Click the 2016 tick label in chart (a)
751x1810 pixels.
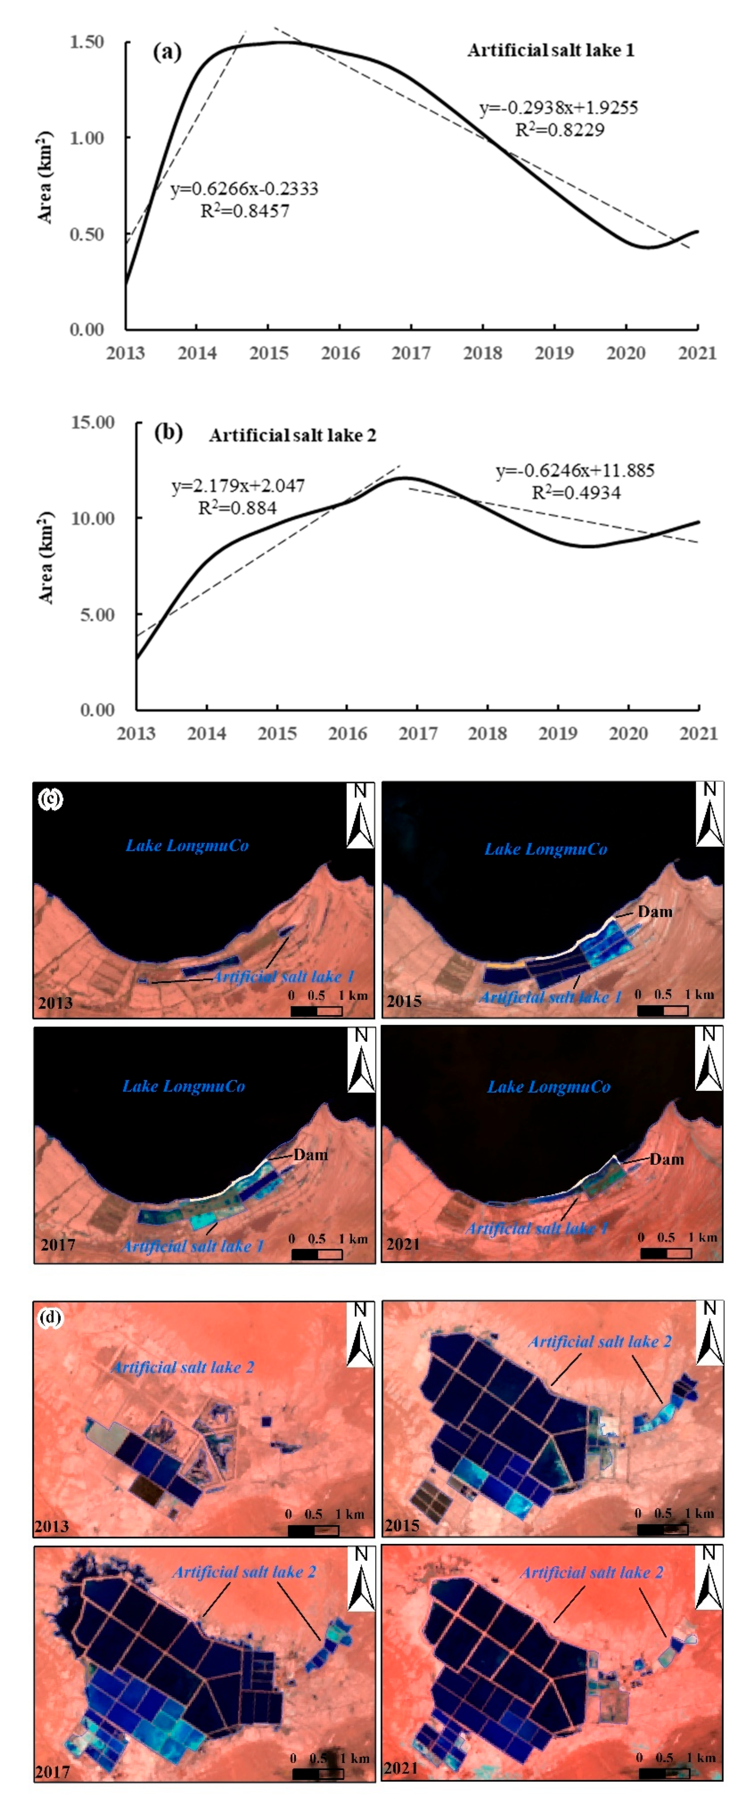click(340, 353)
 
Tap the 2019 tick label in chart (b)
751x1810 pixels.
click(558, 734)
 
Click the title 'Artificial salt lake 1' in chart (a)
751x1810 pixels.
click(551, 50)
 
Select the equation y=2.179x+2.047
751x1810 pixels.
click(238, 486)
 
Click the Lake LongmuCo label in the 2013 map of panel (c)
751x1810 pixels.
click(187, 845)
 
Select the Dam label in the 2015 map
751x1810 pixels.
click(655, 911)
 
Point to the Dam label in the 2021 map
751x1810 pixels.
click(666, 1159)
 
